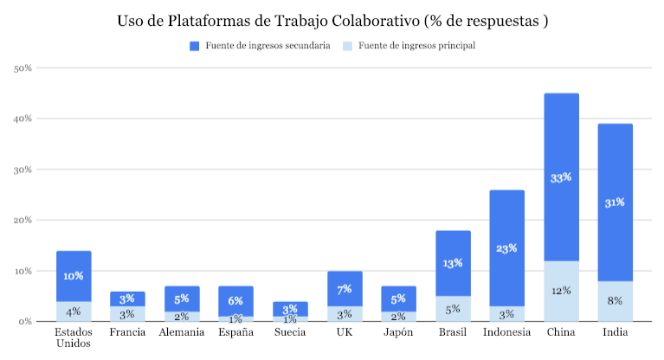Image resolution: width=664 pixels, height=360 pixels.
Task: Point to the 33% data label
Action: pyautogui.click(x=561, y=177)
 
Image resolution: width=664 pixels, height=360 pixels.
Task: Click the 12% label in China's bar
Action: pyautogui.click(x=561, y=291)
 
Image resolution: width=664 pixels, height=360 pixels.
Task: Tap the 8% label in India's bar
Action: pyautogui.click(x=615, y=301)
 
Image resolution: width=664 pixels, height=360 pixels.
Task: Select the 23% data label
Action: pyautogui.click(x=507, y=248)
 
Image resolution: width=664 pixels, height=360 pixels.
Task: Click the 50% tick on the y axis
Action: pyautogui.click(x=23, y=67)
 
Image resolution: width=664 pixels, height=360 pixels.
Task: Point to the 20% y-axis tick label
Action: pyautogui.click(x=23, y=220)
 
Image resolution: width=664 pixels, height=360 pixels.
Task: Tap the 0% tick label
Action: pyautogui.click(x=26, y=322)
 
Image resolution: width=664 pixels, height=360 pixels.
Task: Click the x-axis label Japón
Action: pyautogui.click(x=399, y=332)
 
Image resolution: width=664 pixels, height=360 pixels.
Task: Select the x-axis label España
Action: pyautogui.click(x=235, y=332)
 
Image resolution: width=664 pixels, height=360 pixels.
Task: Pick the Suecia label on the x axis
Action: pyautogui.click(x=290, y=332)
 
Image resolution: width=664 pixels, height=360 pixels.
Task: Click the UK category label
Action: pyautogui.click(x=345, y=332)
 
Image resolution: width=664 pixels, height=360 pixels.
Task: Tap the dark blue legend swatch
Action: pyautogui.click(x=195, y=46)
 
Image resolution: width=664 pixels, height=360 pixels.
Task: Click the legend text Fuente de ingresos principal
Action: pyautogui.click(x=416, y=46)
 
